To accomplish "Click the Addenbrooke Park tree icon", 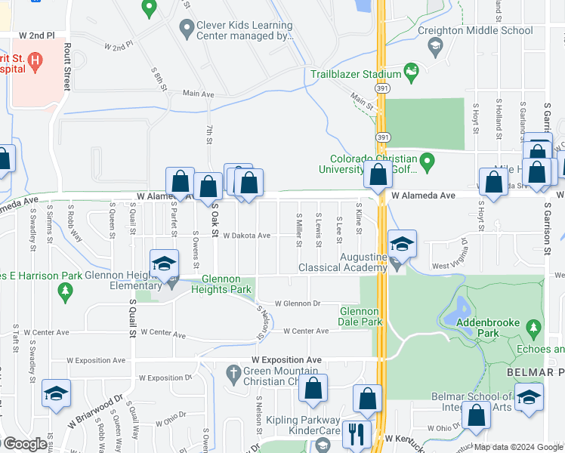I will [x=534, y=328].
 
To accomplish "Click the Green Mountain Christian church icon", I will [x=233, y=372].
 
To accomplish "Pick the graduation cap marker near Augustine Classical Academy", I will [x=402, y=243].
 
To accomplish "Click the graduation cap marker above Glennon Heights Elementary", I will [x=163, y=263].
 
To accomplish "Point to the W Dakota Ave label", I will [x=246, y=236].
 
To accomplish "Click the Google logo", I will [x=24, y=444].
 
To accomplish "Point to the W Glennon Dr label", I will [x=297, y=304].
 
